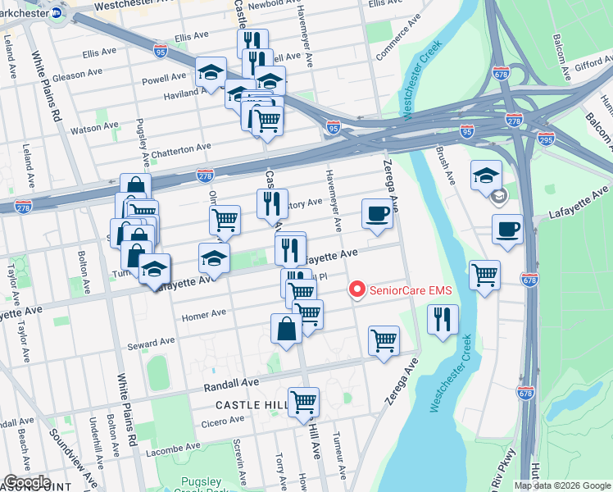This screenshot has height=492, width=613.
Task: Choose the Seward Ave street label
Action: tap(152, 341)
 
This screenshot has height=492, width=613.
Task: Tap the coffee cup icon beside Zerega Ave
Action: tap(377, 215)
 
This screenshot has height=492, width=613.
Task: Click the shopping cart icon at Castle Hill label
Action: tap(303, 402)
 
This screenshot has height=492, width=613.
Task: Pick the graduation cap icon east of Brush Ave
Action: tap(486, 175)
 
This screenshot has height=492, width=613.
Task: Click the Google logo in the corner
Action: tap(27, 482)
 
